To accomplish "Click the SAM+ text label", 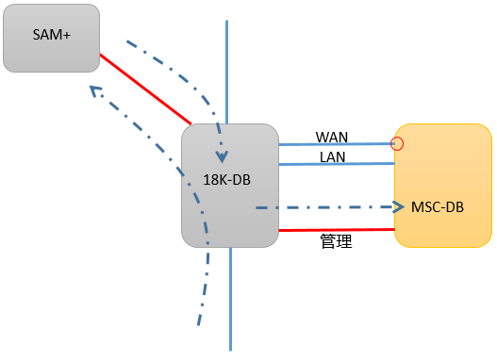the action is point(51,35).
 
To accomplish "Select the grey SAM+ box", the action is point(51,38).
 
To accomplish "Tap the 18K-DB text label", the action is point(226,180).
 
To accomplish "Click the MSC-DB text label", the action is point(438,207).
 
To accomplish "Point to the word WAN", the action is point(332,137).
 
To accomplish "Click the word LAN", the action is point(332,157).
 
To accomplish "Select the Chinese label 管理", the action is point(336,241).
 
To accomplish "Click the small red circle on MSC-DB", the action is point(397,144).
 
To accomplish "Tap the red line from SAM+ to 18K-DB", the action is point(146,90).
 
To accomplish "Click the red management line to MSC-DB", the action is point(337,230).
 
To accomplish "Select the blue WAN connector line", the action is point(337,144).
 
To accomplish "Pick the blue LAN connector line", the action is point(337,164).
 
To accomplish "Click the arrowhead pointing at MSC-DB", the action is point(399,207).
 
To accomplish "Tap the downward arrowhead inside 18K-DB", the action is point(222,157).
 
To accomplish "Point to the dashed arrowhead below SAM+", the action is point(94,90).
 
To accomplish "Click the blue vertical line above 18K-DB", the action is point(226,73).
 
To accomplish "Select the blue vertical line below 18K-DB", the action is point(230,299).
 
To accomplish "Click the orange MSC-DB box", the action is point(443,186).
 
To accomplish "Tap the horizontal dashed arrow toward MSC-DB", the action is point(330,207).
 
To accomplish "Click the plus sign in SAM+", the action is point(67,36).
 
